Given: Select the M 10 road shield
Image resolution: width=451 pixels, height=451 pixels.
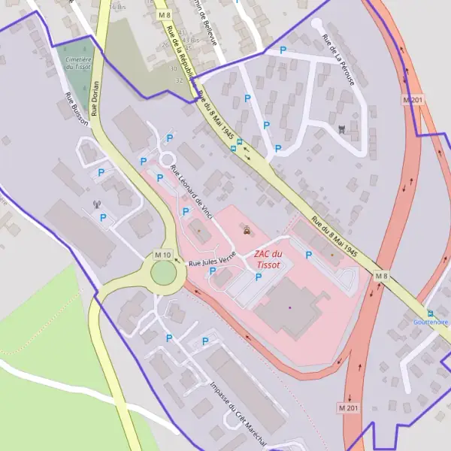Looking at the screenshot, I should pos(163,256).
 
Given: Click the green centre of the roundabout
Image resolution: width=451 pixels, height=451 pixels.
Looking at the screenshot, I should pos(165,273).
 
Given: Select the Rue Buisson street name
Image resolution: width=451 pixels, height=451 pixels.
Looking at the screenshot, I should pos(77,109).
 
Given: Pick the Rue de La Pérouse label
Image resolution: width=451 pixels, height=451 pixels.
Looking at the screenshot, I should pos(337,59).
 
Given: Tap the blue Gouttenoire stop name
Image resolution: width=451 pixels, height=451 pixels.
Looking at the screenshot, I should pos(431,322).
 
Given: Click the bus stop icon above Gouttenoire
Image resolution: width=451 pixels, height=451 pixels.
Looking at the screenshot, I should pos(430,313).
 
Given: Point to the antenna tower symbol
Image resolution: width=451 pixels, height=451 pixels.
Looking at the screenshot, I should pos(96,203).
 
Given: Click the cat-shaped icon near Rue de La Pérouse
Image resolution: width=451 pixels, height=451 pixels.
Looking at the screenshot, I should pos(344,129).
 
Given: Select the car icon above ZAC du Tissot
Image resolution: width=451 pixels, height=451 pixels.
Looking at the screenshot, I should pos(248,231).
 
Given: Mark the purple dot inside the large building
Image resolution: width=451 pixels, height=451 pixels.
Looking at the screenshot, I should pos(289,307).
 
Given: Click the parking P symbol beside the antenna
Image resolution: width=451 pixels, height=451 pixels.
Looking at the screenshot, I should pos(103,217).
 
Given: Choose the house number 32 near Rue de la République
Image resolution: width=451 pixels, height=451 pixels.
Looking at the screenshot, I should pos(179,80).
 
